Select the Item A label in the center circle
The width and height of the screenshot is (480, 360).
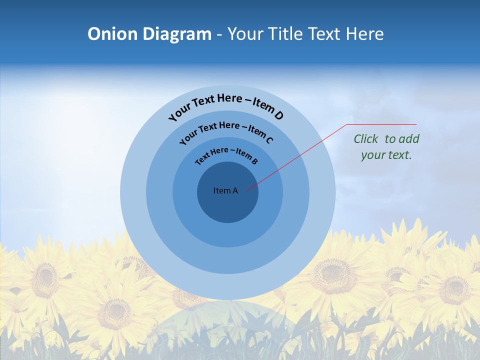[x=225, y=190]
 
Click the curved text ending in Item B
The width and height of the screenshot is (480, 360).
[x=226, y=155]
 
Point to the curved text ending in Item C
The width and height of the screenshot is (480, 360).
[x=226, y=131]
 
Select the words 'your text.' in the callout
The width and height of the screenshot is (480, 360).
[x=386, y=155]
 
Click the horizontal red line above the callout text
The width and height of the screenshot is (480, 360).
[x=381, y=124]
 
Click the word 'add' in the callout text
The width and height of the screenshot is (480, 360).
[x=409, y=139]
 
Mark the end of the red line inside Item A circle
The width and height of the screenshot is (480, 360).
[x=247, y=189]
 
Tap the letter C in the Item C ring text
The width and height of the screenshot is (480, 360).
[x=269, y=140]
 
